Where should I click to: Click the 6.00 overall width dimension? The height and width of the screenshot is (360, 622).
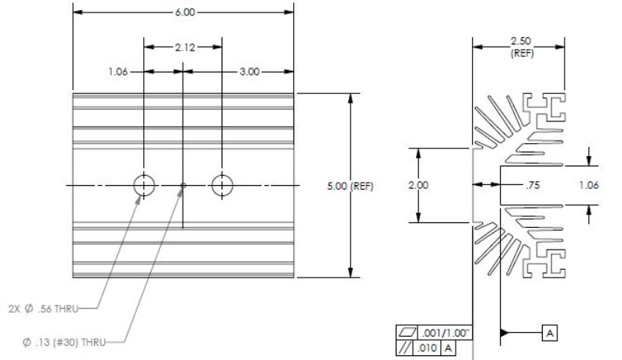(185, 12)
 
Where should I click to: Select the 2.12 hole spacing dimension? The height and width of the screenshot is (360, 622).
(185, 47)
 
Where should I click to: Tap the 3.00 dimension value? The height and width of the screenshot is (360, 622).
(250, 72)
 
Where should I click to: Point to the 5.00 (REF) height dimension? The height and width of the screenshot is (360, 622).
(351, 186)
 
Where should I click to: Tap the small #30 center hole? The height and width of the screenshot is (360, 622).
(183, 185)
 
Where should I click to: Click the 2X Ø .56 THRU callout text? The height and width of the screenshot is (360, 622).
(44, 309)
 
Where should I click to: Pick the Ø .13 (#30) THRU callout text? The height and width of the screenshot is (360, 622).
(65, 342)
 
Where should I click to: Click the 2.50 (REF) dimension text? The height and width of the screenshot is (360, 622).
(521, 47)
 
